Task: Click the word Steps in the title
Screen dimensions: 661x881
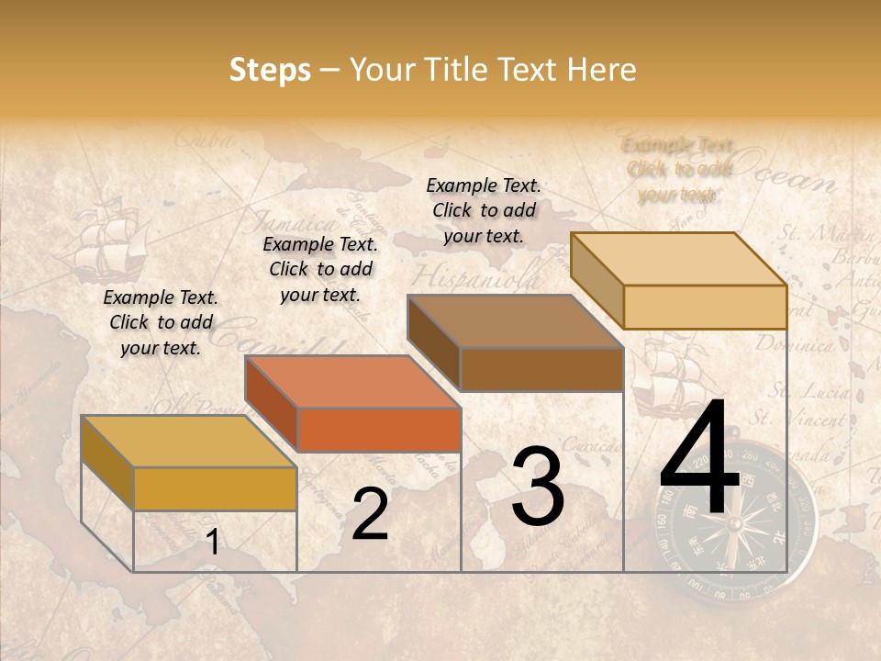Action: [x=270, y=70]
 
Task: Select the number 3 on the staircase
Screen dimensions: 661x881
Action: [x=537, y=487]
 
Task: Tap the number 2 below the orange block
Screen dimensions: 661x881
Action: [x=370, y=514]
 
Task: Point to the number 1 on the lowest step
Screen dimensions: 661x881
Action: [x=213, y=543]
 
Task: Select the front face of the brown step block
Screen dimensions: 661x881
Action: [x=541, y=369]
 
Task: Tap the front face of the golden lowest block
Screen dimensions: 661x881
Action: [x=215, y=488]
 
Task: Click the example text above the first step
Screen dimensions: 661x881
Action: [x=161, y=322]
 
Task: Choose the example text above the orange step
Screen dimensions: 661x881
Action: [x=320, y=269]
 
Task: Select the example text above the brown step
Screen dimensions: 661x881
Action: [x=484, y=210]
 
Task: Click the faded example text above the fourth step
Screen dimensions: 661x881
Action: [x=678, y=169]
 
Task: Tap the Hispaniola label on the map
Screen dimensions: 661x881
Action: [x=474, y=276]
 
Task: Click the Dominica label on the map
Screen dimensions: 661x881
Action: [x=795, y=346]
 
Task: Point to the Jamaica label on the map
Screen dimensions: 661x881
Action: [x=294, y=222]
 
